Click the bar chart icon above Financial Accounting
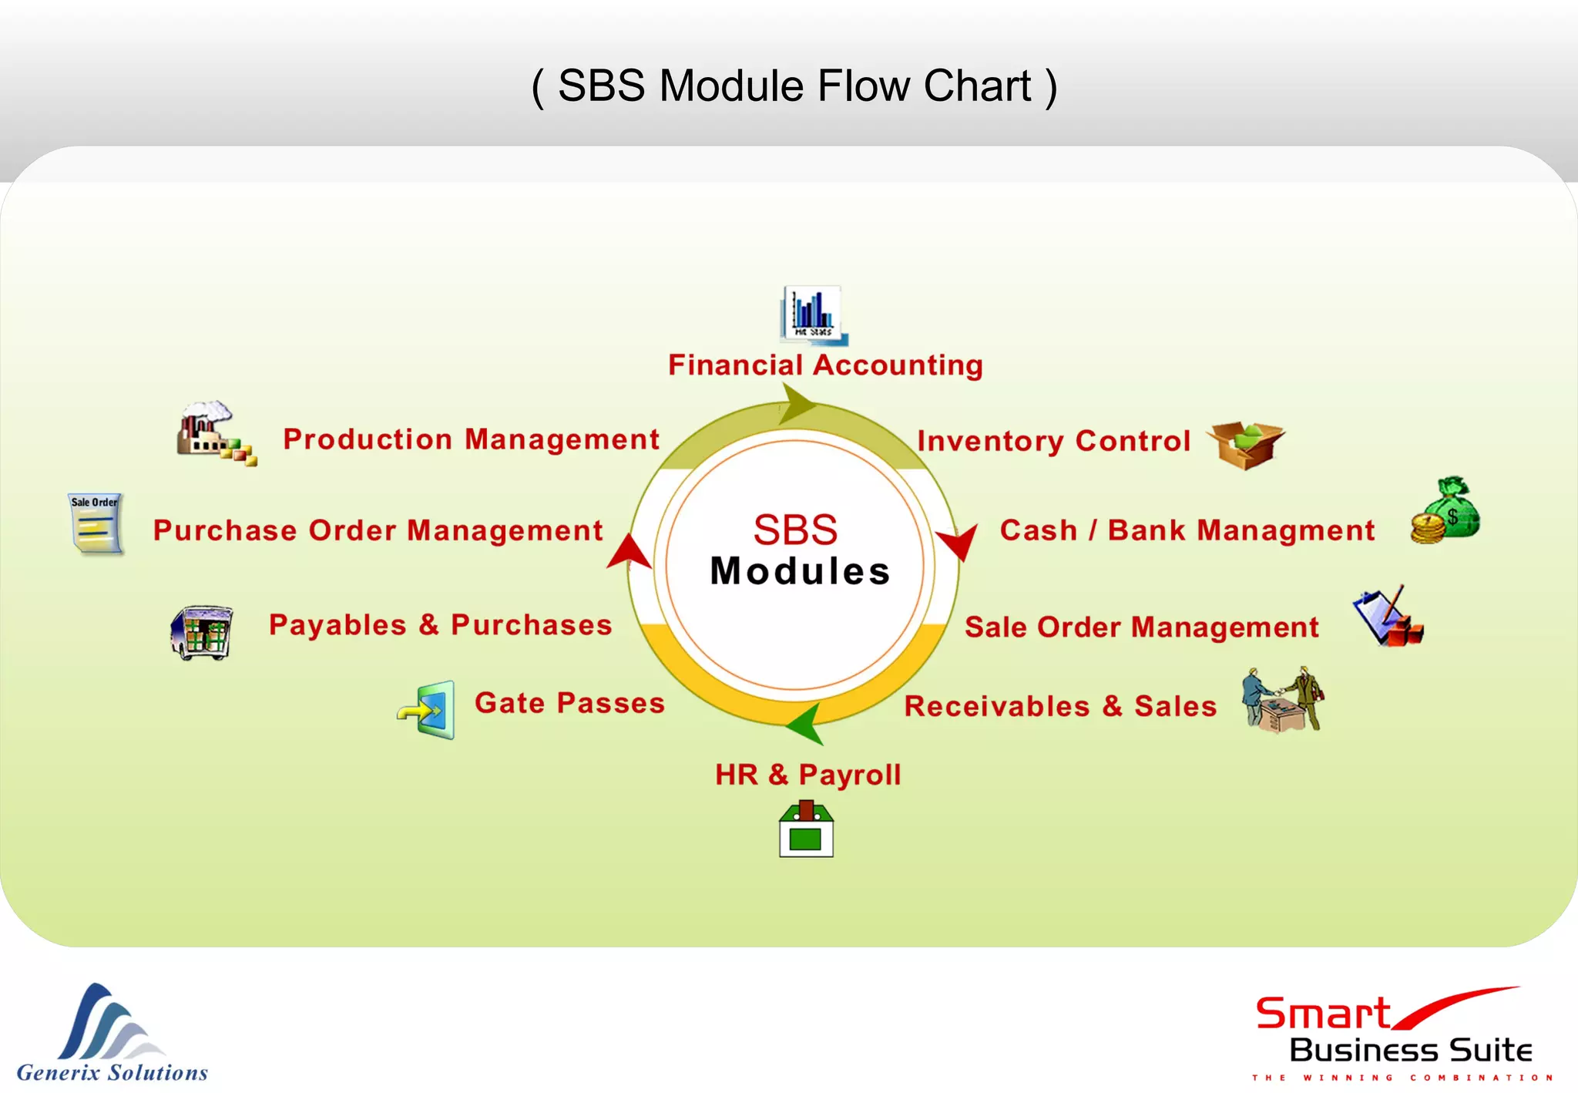[814, 315]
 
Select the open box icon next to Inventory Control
[1245, 445]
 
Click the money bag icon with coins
[1446, 511]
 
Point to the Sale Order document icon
[96, 524]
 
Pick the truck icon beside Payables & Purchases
[202, 632]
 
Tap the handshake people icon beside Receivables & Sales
[1283, 699]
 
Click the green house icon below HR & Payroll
[806, 829]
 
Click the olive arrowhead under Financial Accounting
[797, 404]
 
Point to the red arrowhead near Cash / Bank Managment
[959, 540]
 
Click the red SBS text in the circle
[795, 530]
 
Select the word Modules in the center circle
[800, 571]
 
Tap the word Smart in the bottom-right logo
[1323, 1014]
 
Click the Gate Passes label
[569, 703]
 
